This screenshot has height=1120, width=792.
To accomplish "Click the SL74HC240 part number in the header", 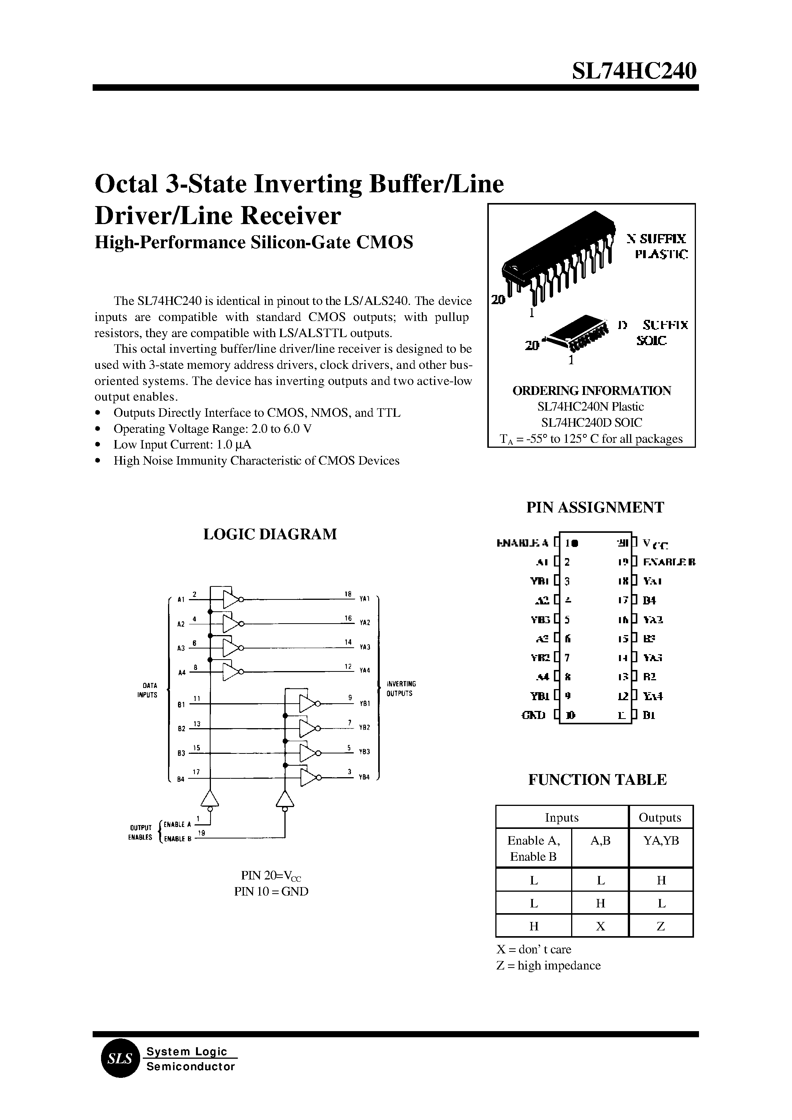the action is coord(634,71).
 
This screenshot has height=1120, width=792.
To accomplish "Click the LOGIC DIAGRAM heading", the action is coord(270,534).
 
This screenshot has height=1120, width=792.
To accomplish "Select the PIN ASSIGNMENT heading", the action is coord(595,507).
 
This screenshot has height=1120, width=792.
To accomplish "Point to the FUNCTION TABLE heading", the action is coord(597,779).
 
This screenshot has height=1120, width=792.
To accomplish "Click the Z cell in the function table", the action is coord(661,926).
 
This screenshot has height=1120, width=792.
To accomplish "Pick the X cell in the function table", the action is coord(600,926).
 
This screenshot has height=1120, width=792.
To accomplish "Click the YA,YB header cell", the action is coord(661,840).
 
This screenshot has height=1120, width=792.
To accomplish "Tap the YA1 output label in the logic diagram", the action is coord(365,598).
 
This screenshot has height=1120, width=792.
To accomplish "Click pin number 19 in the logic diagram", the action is coord(201,833).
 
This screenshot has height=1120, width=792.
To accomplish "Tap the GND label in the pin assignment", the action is coord(534,716).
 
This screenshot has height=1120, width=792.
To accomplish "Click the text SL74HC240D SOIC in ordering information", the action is coord(591,422).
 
